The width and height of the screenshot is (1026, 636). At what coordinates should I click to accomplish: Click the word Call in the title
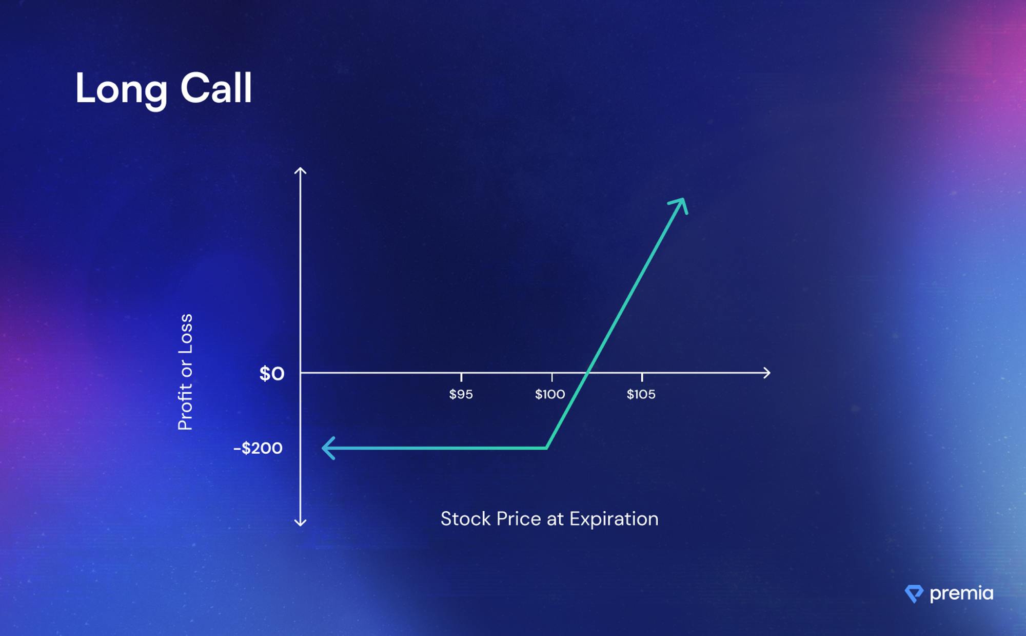[x=216, y=88]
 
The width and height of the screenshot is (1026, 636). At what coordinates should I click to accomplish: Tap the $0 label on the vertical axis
[x=271, y=374]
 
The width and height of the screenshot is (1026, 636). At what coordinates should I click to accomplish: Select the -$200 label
[x=258, y=448]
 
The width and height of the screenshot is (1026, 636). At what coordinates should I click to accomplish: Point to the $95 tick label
[x=461, y=394]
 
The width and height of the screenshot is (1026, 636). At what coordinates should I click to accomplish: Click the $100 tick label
[x=550, y=394]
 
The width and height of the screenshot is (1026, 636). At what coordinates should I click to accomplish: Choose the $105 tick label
[x=641, y=394]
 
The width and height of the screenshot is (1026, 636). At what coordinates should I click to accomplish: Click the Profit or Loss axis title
[x=185, y=372]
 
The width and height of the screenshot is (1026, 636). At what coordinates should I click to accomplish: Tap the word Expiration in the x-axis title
[x=614, y=519]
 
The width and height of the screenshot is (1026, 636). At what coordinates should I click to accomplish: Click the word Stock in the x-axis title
[x=465, y=519]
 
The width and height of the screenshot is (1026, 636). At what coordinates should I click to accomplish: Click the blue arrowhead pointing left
[x=329, y=448]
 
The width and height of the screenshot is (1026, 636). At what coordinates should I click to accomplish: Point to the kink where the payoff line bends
[x=547, y=448]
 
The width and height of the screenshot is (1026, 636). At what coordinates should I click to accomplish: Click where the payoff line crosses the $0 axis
[x=588, y=373]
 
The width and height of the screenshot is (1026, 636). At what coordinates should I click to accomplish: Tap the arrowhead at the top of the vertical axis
[x=300, y=170]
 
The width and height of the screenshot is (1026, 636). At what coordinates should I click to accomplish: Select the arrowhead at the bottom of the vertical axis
[x=300, y=523]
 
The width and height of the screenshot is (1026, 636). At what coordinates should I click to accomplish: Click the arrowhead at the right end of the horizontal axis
[x=767, y=373]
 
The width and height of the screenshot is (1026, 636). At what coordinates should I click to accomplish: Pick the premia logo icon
[x=914, y=593]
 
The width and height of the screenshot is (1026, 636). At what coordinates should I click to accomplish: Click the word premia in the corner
[x=961, y=593]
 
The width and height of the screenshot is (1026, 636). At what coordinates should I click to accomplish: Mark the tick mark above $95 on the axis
[x=461, y=377]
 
